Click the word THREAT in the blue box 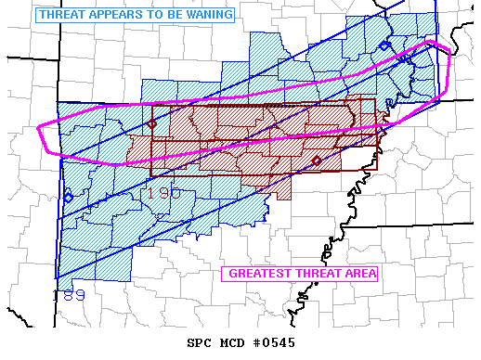point(59,15)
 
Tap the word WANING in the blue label point(205,15)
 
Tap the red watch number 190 point(164,192)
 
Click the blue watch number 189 point(69,295)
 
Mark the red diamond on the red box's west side point(152,123)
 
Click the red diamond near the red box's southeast point(317,161)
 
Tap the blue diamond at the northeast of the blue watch point(384,45)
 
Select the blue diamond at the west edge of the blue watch point(68,197)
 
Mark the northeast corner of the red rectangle point(376,99)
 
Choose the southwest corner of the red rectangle point(151,176)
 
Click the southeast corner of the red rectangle point(376,169)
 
